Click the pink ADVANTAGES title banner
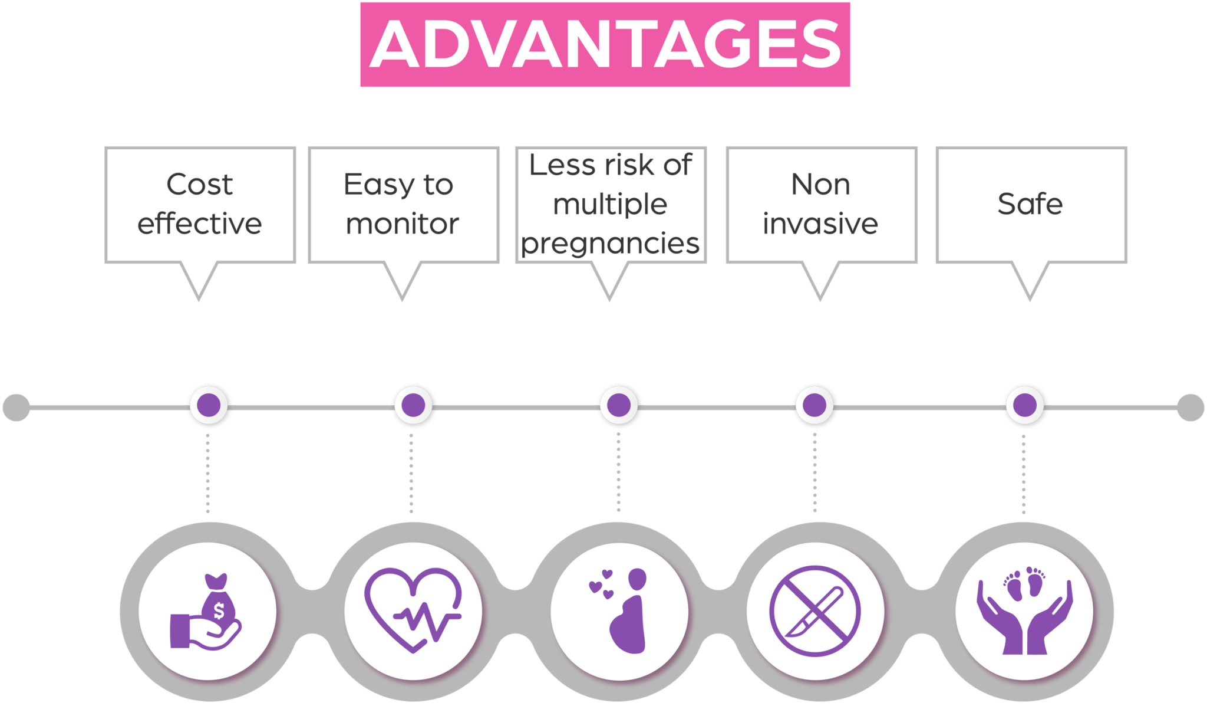tap(605, 44)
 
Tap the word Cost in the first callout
tap(200, 185)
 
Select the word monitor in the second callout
tap(403, 224)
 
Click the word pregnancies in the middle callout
tap(610, 244)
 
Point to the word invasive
tap(820, 224)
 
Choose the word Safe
tap(1030, 204)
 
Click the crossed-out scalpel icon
tap(815, 611)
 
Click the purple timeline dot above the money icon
tap(209, 406)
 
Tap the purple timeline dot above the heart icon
tap(413, 406)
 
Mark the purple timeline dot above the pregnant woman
tap(619, 406)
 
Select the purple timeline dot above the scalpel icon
tap(814, 406)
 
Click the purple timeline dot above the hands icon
tap(1025, 406)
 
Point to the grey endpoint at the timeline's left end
tap(17, 408)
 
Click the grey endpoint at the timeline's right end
tap(1190, 408)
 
